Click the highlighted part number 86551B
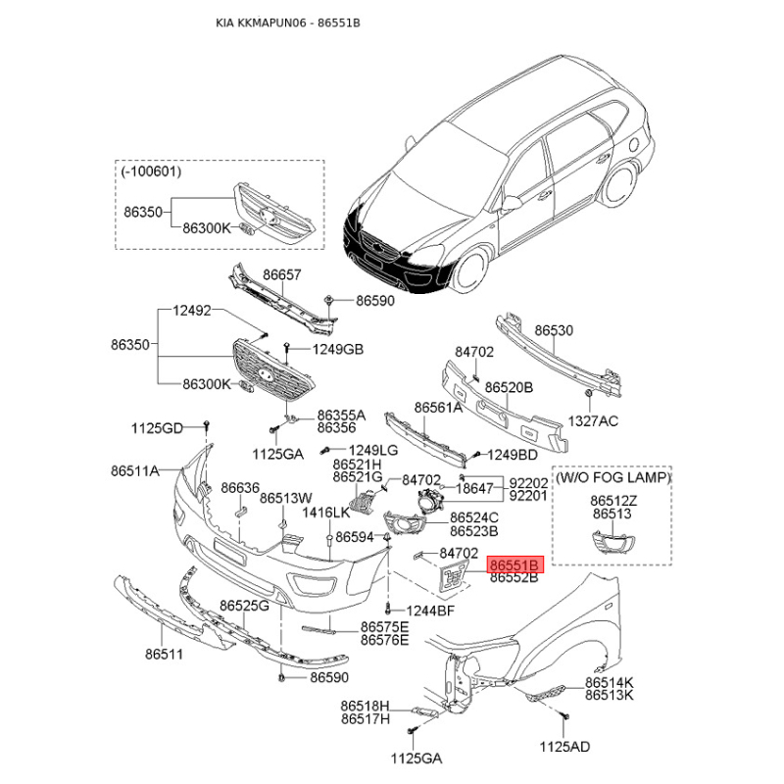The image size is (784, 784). [514, 565]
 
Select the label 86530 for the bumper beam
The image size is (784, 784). [554, 330]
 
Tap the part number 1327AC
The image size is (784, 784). [593, 421]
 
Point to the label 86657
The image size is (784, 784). [282, 274]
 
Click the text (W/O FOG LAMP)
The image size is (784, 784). [613, 477]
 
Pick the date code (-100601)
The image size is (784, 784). [151, 171]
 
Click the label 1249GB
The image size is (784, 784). [338, 349]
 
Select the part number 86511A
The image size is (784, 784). [135, 470]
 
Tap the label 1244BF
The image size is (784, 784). [430, 611]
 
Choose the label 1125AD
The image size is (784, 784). [565, 747]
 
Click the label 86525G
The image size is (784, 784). [244, 606]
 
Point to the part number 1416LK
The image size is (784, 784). [326, 513]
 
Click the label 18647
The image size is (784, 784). [475, 487]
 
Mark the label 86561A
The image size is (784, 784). [438, 408]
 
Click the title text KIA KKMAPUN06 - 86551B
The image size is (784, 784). [288, 23]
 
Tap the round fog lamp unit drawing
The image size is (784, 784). [429, 501]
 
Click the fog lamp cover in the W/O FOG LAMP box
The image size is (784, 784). [613, 544]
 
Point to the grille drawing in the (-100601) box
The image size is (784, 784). [274, 214]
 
